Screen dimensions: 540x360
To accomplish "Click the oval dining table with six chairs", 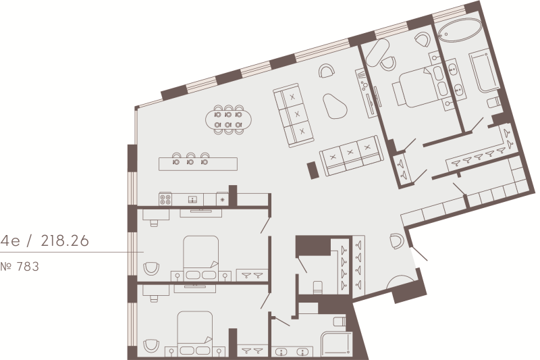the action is click(x=228, y=120).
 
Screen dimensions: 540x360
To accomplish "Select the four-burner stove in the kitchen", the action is click(x=165, y=199).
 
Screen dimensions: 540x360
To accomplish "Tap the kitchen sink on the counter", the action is click(x=192, y=199).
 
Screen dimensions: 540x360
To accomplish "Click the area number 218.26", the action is click(x=65, y=241).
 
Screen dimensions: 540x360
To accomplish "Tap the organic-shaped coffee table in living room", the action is click(x=334, y=106).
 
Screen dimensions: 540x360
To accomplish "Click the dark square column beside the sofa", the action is click(x=313, y=170).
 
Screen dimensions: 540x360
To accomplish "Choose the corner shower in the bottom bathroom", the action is click(x=336, y=344).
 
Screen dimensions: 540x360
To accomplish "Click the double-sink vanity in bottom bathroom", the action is click(x=292, y=352).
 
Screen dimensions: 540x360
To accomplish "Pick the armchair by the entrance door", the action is click(x=397, y=241).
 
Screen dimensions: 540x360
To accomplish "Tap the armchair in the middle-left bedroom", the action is click(x=151, y=268).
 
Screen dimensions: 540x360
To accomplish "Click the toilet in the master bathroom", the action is click(x=494, y=101).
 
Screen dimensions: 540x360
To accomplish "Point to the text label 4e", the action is click(x=10, y=241).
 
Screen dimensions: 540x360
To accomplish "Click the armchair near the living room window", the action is click(x=326, y=71).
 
